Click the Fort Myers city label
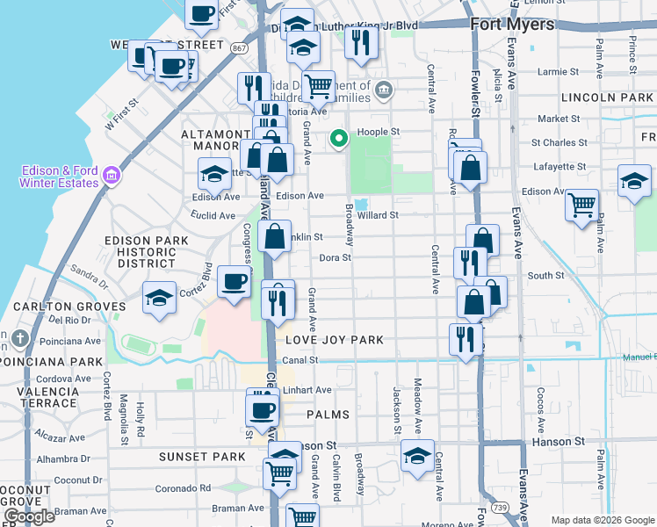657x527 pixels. pos(512,24)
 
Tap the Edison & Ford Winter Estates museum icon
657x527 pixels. pos(111,176)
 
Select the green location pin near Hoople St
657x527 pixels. pos(337,138)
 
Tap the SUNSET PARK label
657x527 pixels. pos(202,457)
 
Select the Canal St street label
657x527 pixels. pos(300,360)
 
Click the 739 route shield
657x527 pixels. pos(525,509)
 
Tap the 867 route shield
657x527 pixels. pos(240,48)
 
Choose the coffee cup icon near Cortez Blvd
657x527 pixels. pos(234,282)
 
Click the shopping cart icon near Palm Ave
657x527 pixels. pos(581,206)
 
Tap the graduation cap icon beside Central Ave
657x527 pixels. pos(417,455)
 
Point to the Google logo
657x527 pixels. pos(29,516)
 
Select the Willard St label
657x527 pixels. pos(379,214)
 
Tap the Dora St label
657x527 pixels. pos(335,258)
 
